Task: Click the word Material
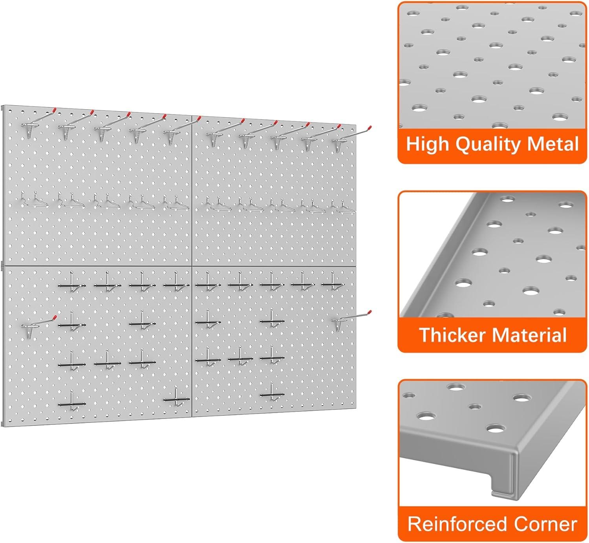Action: [529, 335]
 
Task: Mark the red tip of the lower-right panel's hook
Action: [369, 313]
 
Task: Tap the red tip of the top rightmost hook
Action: [369, 127]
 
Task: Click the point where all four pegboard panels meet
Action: [192, 266]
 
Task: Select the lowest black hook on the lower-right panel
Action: [272, 395]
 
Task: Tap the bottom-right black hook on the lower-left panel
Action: [177, 399]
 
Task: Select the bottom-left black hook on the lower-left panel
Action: [71, 404]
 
